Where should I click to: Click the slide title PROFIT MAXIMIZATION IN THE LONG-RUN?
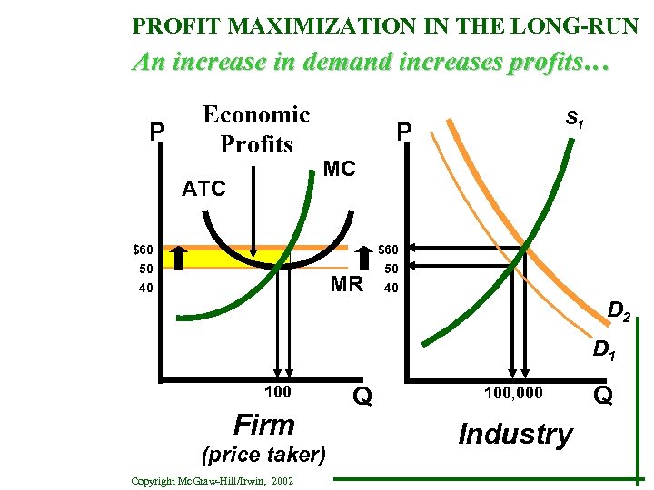(385, 24)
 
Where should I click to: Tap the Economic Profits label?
(256, 129)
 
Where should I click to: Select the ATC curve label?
(203, 189)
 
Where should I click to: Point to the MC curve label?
(339, 169)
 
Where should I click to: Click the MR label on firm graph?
(346, 284)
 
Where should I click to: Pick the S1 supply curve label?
(574, 118)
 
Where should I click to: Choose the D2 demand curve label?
(620, 314)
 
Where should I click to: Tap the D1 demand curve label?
(604, 348)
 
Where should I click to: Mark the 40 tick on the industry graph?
(391, 289)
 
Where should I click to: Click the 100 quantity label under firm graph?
(276, 392)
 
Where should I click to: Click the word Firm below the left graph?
(264, 425)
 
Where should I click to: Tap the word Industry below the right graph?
(515, 434)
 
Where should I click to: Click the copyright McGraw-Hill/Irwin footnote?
(212, 480)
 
